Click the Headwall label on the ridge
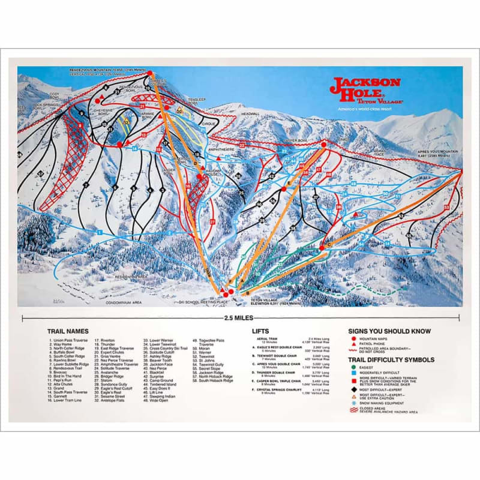pyautogui.click(x=250, y=113)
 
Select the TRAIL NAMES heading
pyautogui.click(x=68, y=331)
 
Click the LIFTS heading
pyautogui.click(x=261, y=331)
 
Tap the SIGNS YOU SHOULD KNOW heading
pyautogui.click(x=389, y=331)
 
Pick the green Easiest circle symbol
pyautogui.click(x=353, y=367)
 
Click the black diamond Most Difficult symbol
pyautogui.click(x=353, y=389)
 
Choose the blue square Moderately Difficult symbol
pyautogui.click(x=353, y=373)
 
